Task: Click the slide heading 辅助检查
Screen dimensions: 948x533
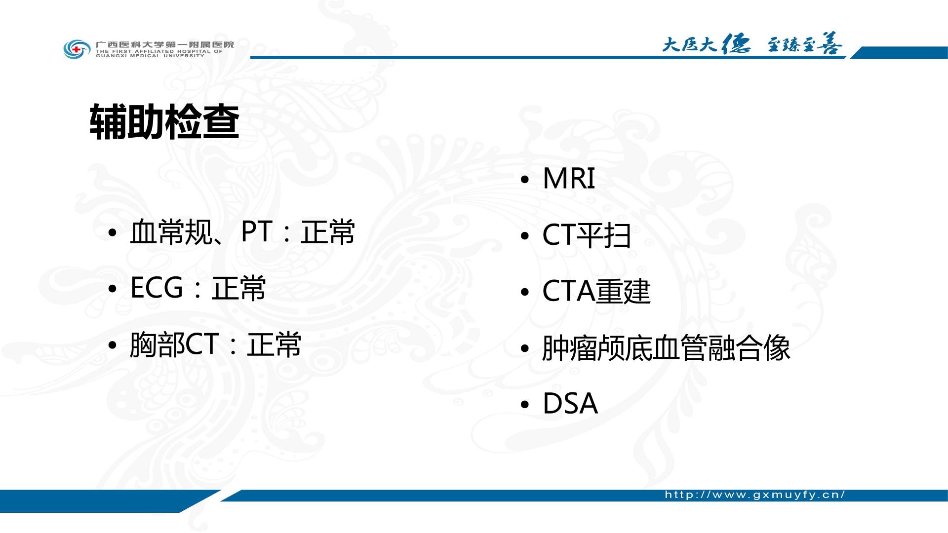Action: pos(164,122)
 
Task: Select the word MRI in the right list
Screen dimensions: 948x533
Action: pos(569,178)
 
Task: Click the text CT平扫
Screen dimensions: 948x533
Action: pos(587,235)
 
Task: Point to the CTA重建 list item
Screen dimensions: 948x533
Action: pos(596,291)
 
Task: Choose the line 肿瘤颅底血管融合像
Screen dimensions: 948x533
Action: pos(666,348)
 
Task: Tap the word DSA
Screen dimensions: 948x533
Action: pos(570,404)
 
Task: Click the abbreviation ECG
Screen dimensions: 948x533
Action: pos(157,287)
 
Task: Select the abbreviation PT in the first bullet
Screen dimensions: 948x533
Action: pos(257,231)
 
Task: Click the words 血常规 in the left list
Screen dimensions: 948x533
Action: pos(170,232)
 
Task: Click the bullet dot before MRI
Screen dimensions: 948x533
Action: pos(525,180)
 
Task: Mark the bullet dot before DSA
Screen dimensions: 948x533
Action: pos(525,405)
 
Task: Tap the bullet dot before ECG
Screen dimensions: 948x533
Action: pos(112,289)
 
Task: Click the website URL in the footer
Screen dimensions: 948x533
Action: pos(755,495)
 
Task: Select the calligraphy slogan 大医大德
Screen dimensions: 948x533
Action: pos(706,44)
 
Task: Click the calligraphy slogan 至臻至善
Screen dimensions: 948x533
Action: pos(804,44)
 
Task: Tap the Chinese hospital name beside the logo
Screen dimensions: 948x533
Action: pos(164,44)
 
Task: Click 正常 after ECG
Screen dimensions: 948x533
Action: pos(238,288)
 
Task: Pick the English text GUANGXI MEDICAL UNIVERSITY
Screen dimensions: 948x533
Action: pos(150,56)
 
